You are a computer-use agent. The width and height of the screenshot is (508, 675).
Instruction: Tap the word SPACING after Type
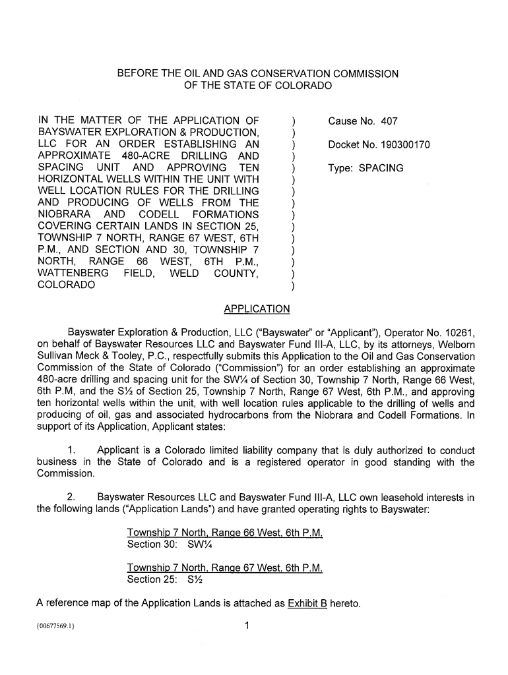point(381,168)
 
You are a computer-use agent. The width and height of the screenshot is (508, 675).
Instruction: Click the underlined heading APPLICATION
point(257,309)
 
